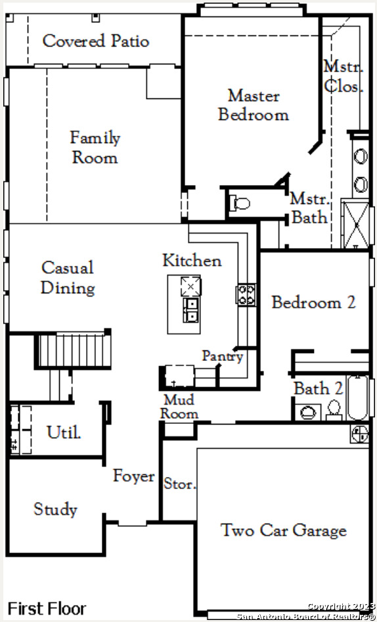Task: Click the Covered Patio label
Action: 96,41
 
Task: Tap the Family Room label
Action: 95,148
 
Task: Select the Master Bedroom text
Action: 254,105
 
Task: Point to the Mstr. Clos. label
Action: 344,76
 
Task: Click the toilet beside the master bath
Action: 240,204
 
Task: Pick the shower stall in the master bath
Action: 356,225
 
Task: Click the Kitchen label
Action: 192,260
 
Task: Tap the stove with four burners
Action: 246,295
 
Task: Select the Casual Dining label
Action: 68,278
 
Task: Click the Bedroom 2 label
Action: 313,302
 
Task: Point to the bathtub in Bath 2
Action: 357,398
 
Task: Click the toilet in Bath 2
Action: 334,410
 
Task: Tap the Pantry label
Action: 223,356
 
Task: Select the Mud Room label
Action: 179,407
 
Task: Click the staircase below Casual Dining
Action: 74,351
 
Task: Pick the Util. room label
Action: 64,432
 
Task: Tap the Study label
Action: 55,509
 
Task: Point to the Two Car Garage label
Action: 284,530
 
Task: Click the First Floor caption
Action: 47,608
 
